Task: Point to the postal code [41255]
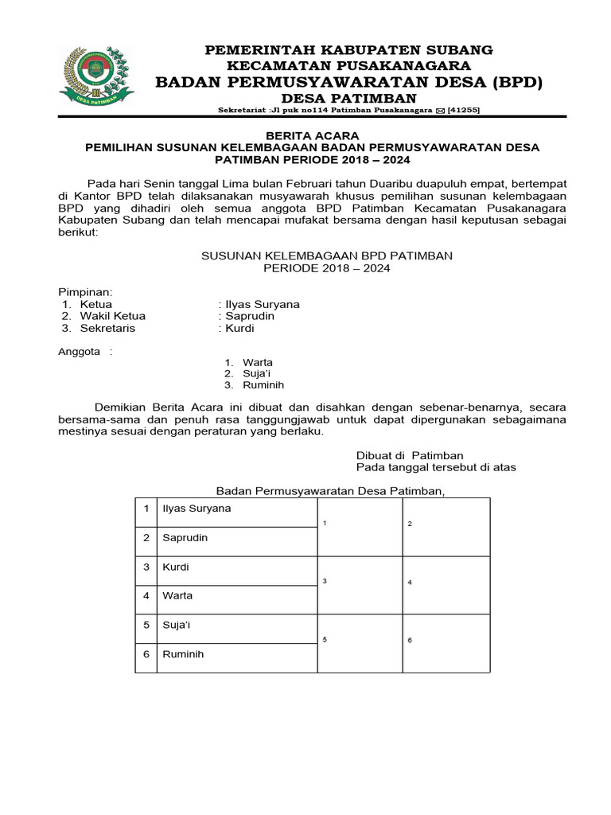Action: click(463, 111)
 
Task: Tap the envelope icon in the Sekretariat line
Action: click(440, 111)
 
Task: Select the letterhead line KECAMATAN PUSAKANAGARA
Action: click(349, 65)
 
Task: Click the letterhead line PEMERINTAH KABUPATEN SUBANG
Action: click(349, 49)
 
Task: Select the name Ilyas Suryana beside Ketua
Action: click(263, 304)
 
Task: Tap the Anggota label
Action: click(80, 351)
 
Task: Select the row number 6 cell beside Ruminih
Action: click(146, 654)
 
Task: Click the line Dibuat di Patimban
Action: click(409, 455)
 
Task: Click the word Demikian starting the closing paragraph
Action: click(123, 407)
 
